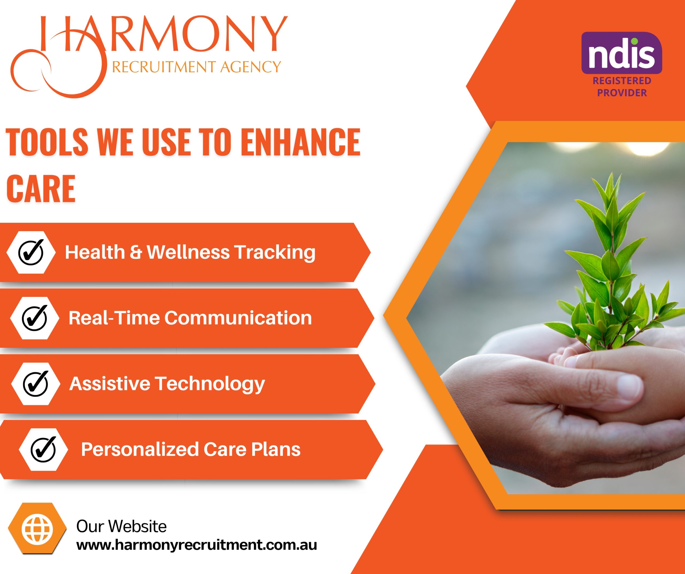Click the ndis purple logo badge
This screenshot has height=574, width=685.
[x=622, y=53]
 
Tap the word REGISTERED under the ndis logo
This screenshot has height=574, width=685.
[x=622, y=81]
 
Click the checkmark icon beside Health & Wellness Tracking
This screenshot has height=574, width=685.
[x=31, y=252]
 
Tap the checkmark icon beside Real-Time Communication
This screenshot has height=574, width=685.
[x=35, y=318]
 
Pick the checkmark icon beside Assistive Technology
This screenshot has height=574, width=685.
[x=36, y=384]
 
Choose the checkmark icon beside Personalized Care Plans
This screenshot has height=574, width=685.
[x=43, y=449]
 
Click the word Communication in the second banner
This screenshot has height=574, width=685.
[x=238, y=318]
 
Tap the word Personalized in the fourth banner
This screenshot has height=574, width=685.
[x=140, y=449]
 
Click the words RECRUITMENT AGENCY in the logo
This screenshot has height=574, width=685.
[x=196, y=67]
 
